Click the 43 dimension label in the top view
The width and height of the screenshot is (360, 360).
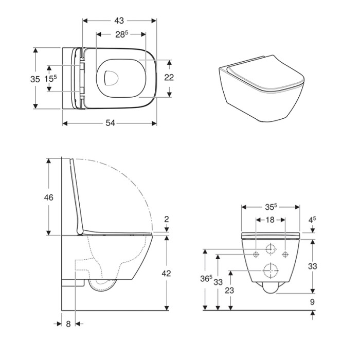point(119,21)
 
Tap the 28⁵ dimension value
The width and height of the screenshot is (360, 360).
point(121,34)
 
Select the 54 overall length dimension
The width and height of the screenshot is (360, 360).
point(110,123)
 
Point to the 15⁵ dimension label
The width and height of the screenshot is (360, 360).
point(50,79)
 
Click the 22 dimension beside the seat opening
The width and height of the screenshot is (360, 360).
point(169,78)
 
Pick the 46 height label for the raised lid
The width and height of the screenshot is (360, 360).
point(48,197)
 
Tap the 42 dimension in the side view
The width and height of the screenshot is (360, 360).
point(166,274)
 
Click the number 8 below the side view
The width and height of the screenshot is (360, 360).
point(68,324)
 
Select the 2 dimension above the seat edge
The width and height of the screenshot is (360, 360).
point(167,219)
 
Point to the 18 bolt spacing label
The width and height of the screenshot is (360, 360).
point(270,220)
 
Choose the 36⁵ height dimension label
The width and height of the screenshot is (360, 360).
point(206,278)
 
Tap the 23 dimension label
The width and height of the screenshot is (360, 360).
point(229,291)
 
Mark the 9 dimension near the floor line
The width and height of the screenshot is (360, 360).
point(312,302)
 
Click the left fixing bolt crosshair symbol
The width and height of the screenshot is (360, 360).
point(256,254)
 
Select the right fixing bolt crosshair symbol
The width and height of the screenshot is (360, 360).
point(285,254)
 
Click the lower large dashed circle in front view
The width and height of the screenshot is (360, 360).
point(271,264)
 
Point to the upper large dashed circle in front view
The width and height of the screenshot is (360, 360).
point(271,244)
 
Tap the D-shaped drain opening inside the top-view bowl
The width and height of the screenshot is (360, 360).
point(105,78)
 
